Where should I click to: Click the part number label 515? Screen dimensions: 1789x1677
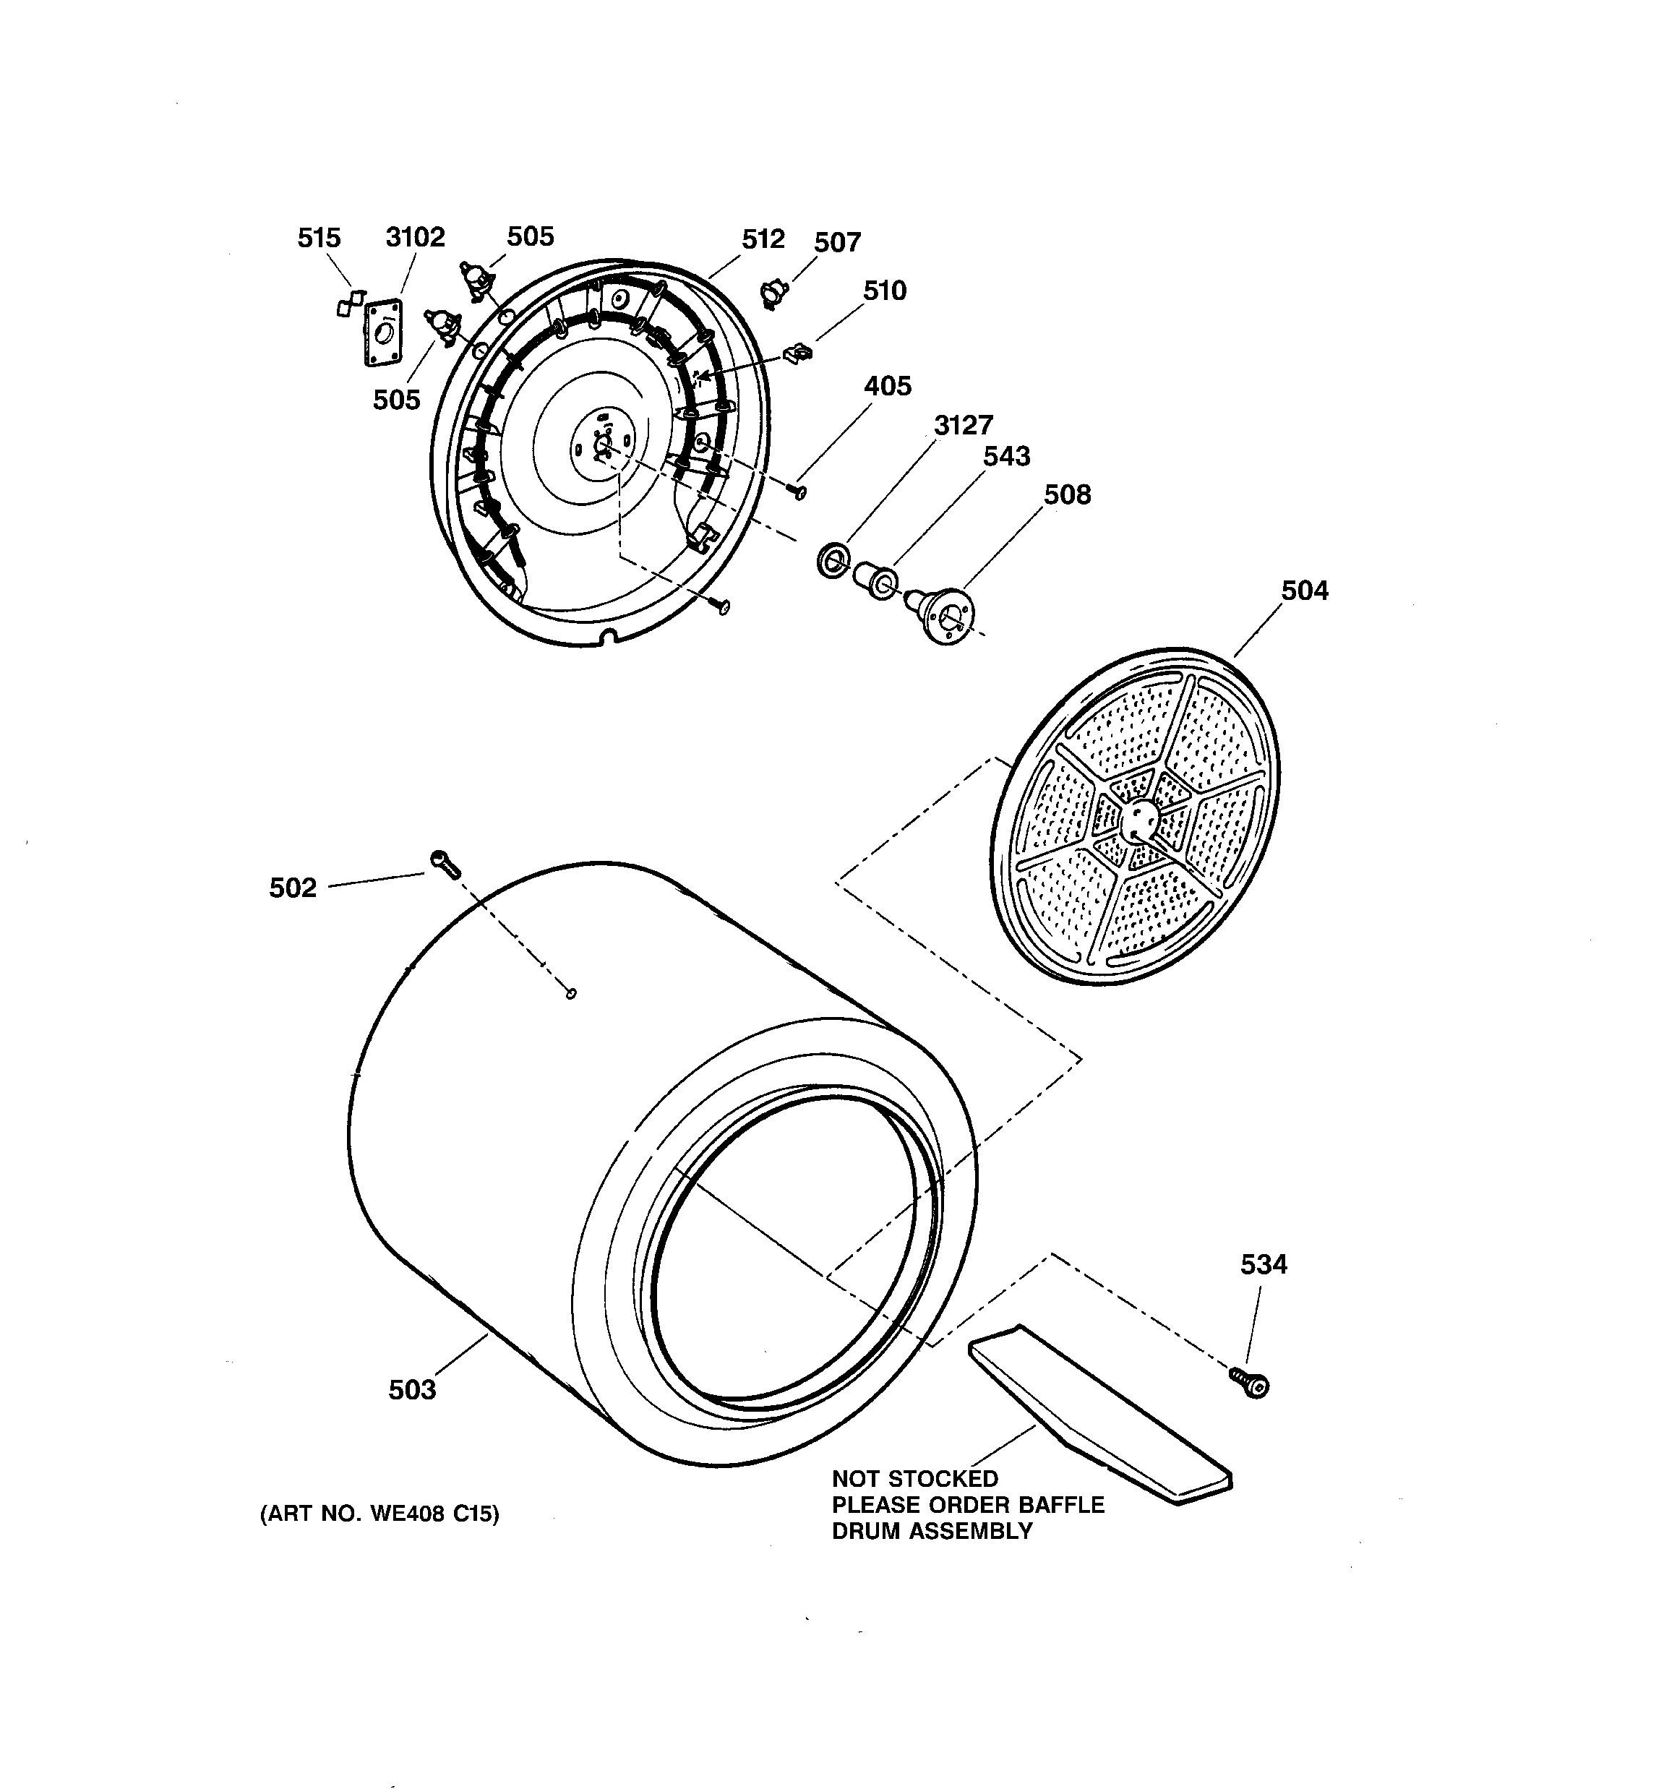point(319,238)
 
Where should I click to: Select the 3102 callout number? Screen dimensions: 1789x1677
point(415,236)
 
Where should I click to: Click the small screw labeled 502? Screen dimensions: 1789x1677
point(445,863)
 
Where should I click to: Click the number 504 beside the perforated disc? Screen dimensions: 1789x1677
point(1304,591)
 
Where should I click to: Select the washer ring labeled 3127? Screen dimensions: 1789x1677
point(833,559)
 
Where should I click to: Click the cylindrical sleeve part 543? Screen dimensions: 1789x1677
point(875,580)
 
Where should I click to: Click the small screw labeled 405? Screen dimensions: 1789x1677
point(796,491)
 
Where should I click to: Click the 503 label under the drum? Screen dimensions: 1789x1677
point(411,1389)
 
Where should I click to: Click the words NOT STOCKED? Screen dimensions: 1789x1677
point(914,1478)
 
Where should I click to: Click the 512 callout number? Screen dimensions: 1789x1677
point(763,239)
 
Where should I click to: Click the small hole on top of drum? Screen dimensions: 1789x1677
point(571,993)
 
